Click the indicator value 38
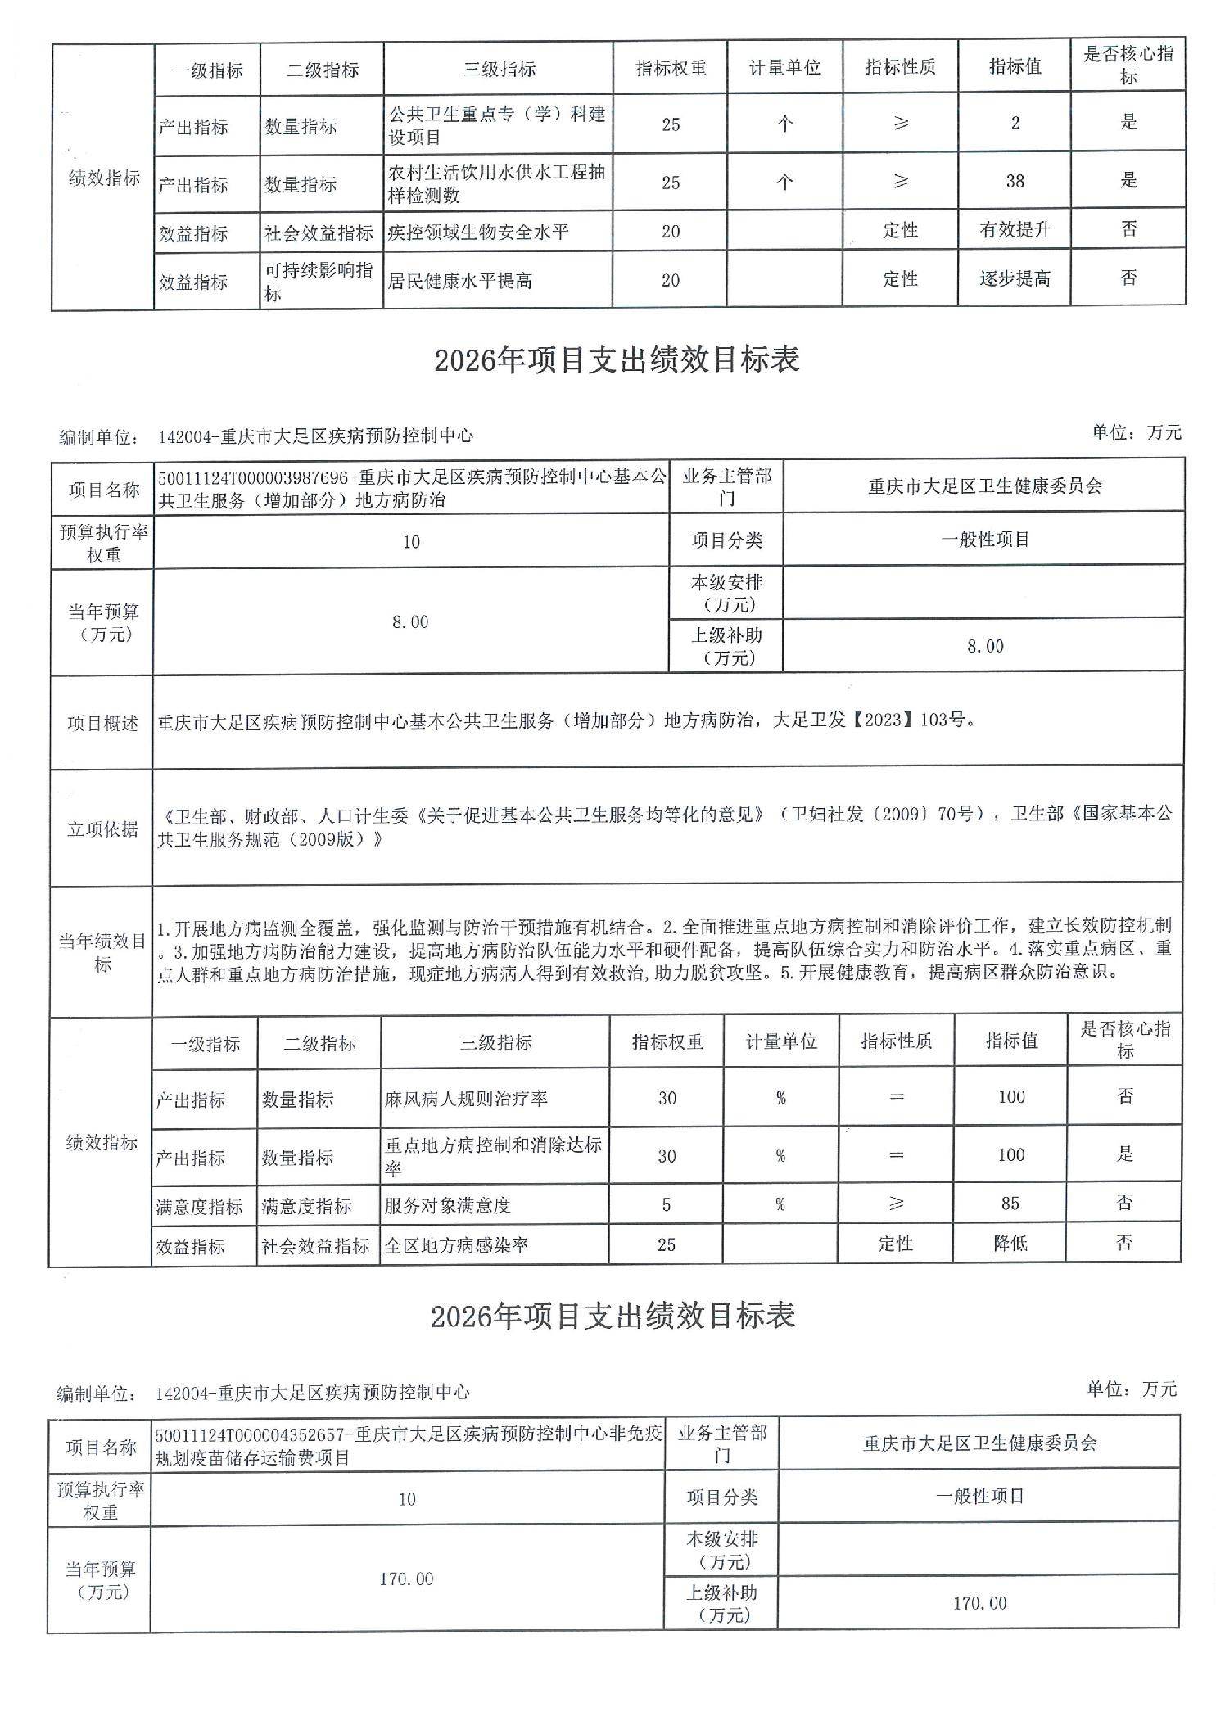(1014, 181)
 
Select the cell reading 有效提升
(1014, 230)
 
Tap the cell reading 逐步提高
(1014, 279)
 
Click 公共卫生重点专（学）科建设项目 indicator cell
(497, 124)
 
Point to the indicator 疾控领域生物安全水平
(478, 233)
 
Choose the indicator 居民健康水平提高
(460, 281)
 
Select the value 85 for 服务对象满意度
(1010, 1204)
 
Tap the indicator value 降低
(1010, 1244)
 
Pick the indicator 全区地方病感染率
(457, 1245)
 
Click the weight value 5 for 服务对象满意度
(667, 1204)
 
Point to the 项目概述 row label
(102, 724)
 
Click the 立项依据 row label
(102, 829)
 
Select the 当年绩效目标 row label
(102, 953)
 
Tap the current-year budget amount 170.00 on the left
(406, 1579)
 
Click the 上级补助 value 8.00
(984, 646)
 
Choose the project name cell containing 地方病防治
(411, 488)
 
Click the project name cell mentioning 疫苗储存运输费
(408, 1445)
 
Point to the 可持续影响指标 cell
(319, 281)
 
